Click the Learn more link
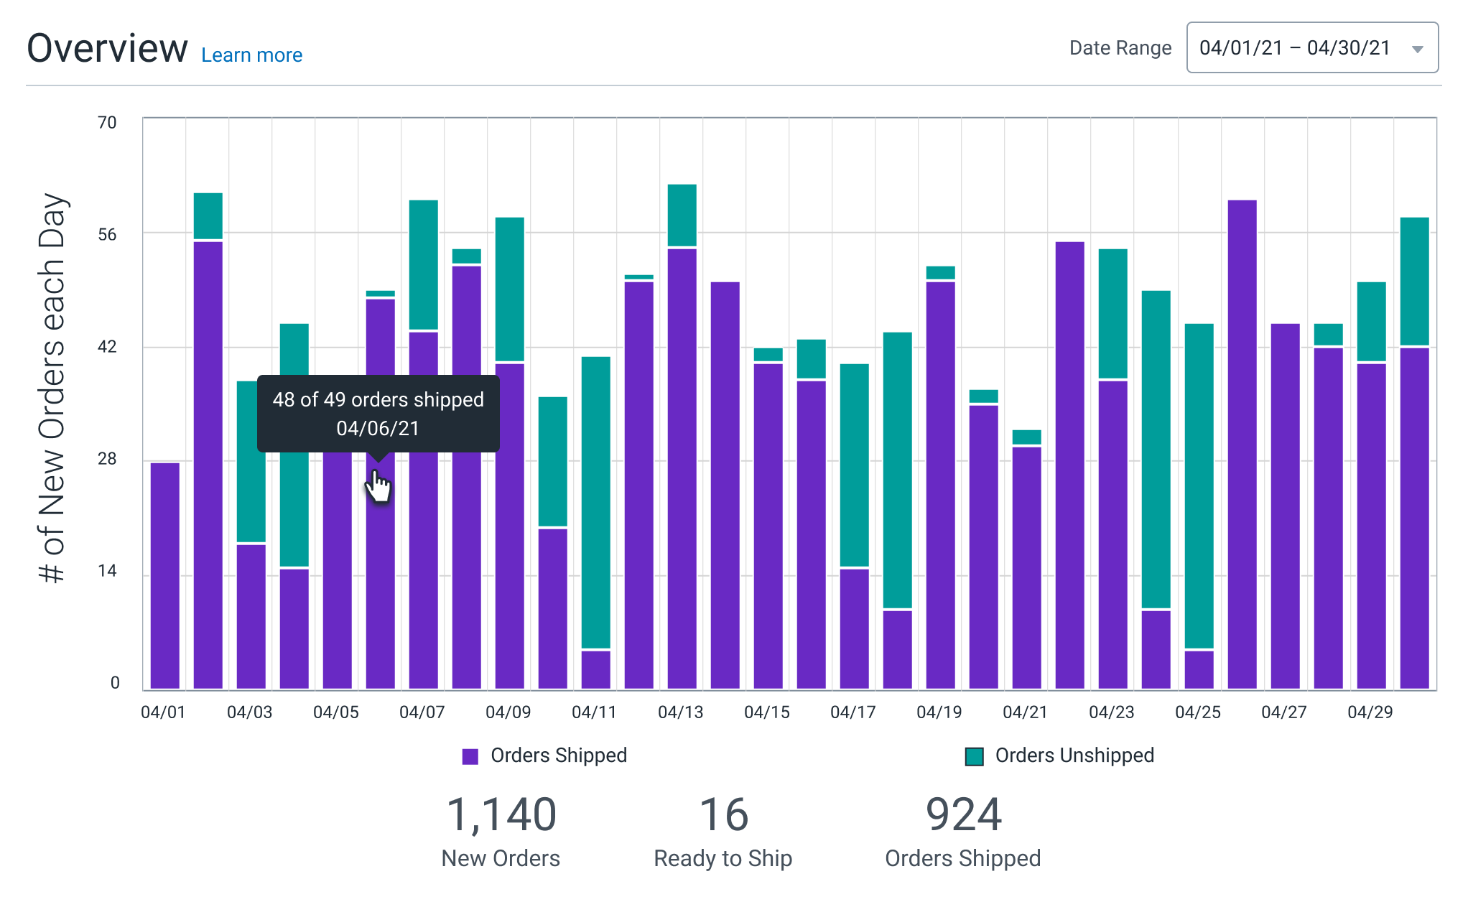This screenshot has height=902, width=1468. click(x=251, y=55)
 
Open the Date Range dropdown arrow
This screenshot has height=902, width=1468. click(x=1417, y=49)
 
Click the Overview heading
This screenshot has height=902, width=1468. click(x=107, y=48)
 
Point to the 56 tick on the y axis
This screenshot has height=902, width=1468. click(x=107, y=235)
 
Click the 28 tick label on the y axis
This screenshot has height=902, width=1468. click(x=107, y=459)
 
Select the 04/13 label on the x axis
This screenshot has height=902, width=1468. click(x=680, y=712)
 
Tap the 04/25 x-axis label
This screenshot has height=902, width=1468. click(x=1197, y=712)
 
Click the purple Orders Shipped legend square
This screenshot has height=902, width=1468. click(x=470, y=756)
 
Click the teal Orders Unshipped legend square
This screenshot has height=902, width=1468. click(x=974, y=756)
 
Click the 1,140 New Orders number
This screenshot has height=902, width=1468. click(x=501, y=815)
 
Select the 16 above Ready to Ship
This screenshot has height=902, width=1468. click(x=723, y=815)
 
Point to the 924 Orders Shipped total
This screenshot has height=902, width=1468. click(x=963, y=815)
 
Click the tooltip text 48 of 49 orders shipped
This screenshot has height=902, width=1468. click(x=378, y=400)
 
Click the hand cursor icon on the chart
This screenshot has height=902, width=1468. click(x=378, y=487)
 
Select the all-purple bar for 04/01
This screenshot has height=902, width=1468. click(x=165, y=575)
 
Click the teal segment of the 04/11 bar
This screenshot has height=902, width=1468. click(x=595, y=503)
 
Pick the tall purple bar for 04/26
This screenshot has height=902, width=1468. click(x=1242, y=445)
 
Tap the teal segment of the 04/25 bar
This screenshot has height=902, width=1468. click(x=1199, y=485)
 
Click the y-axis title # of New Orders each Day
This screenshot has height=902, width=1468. click(x=52, y=388)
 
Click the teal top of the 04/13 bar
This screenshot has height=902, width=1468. click(x=682, y=215)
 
